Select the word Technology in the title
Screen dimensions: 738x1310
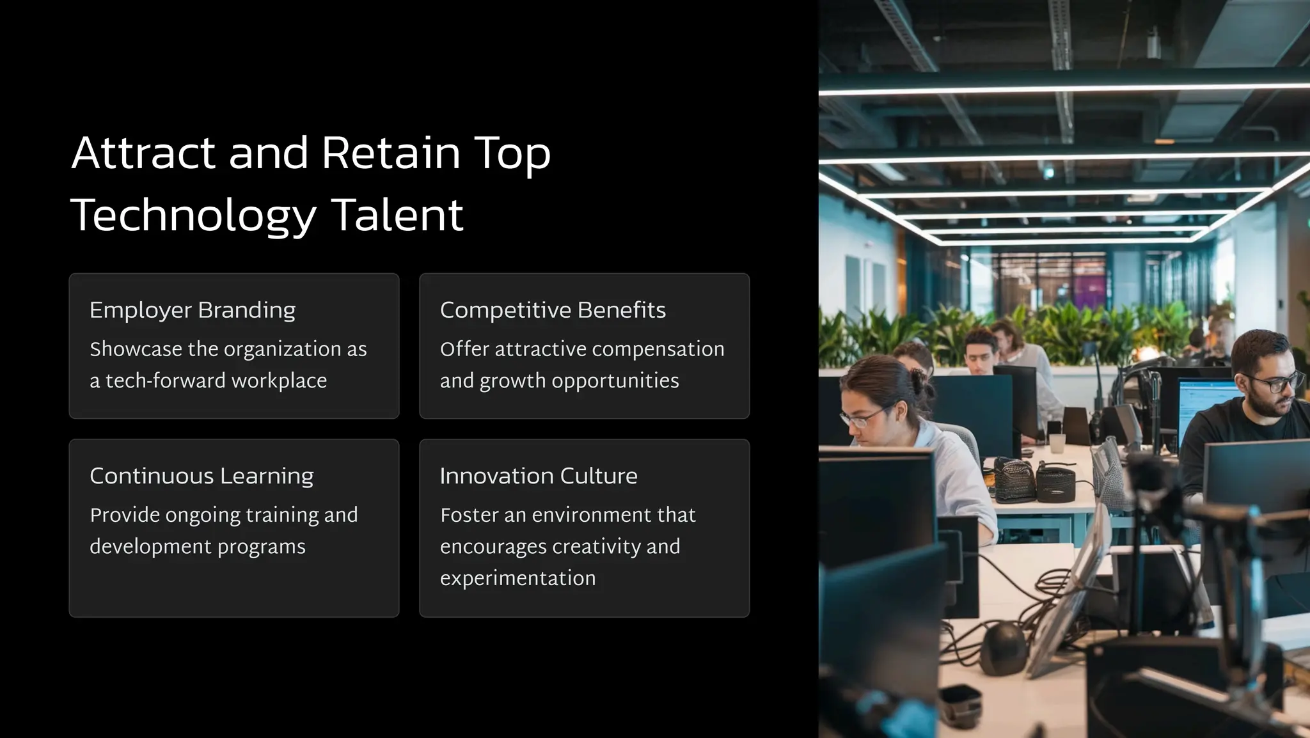pyautogui.click(x=193, y=216)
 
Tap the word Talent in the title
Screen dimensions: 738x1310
pyautogui.click(x=397, y=215)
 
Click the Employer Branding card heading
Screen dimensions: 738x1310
pyautogui.click(x=193, y=310)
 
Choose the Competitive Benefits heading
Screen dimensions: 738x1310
pyautogui.click(x=553, y=310)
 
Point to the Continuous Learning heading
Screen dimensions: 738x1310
pyautogui.click(x=201, y=476)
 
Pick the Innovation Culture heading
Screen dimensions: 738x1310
pyautogui.click(x=539, y=476)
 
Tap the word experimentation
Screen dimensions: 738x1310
pyautogui.click(x=517, y=578)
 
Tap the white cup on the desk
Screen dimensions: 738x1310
pyautogui.click(x=1057, y=443)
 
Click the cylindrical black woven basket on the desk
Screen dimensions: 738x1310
pyautogui.click(x=1055, y=484)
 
